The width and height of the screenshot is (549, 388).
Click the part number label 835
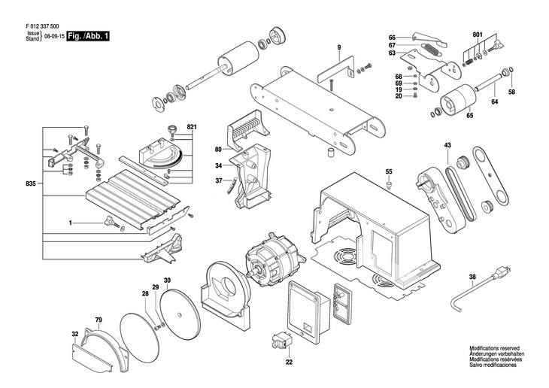click(30, 183)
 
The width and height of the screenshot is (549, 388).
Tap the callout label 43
click(447, 144)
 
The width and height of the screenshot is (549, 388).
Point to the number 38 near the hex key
click(472, 277)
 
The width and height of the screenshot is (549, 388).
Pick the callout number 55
click(389, 171)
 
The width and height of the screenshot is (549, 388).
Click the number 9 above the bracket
click(338, 47)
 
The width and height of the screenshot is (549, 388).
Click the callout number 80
click(217, 149)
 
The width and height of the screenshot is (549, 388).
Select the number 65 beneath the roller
click(469, 116)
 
